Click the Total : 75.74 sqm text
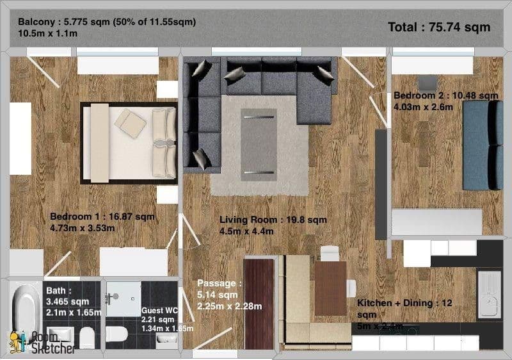[439, 27]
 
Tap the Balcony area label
[107, 27]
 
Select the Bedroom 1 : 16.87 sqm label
[102, 221]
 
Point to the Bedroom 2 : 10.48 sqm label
[445, 101]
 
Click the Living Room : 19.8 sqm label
[273, 225]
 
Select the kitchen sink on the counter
[490, 295]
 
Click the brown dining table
[330, 288]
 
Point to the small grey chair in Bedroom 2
[427, 83]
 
